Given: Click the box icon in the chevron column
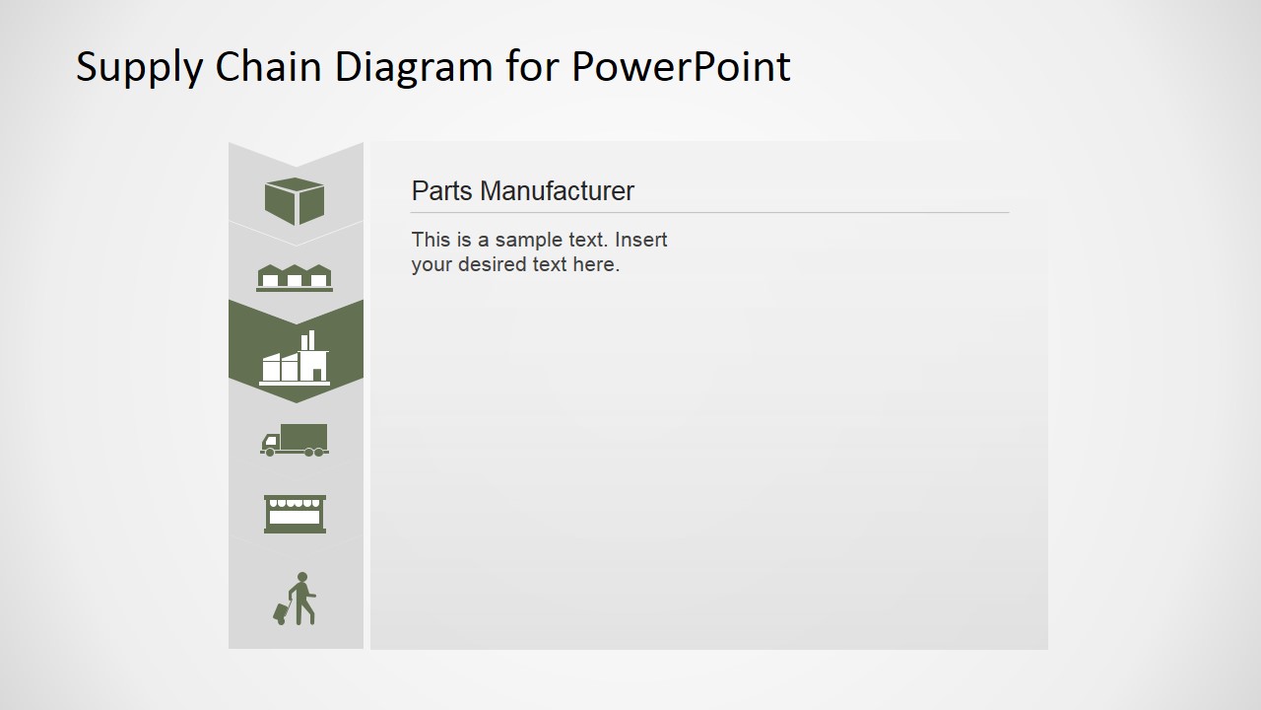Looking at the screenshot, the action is click(295, 201).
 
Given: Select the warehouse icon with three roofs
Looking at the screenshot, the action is click(295, 278).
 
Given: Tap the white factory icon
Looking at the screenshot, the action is click(295, 358).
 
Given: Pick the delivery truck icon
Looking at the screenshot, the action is click(295, 440).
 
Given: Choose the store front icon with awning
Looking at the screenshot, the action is click(295, 514).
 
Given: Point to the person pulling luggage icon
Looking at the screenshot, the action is click(295, 599).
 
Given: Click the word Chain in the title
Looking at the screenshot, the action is click(268, 66).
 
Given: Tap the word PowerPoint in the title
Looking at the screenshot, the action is click(681, 66).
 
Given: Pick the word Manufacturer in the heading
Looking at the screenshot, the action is click(557, 190).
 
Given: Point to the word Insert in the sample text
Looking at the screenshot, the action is click(640, 240).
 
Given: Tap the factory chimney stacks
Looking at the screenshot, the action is click(308, 340).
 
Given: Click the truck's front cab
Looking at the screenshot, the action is click(271, 443).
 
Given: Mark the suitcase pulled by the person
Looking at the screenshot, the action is click(281, 613).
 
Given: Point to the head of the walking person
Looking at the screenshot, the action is click(302, 577).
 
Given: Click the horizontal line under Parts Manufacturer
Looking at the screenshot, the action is click(710, 212).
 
